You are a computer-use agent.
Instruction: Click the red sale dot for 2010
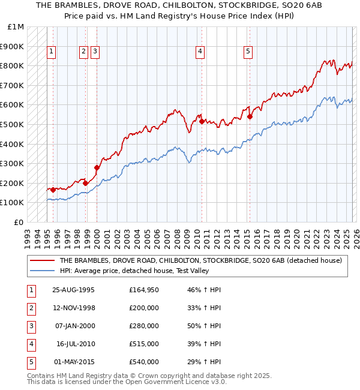click(x=202, y=121)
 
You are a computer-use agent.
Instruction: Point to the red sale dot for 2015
click(x=250, y=116)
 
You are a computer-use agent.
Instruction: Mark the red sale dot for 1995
click(x=53, y=190)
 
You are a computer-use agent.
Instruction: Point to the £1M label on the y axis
click(x=16, y=27)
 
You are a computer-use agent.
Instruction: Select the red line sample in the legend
click(x=41, y=260)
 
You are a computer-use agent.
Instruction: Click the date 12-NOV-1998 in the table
click(x=74, y=308)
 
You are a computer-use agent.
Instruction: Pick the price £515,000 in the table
click(x=144, y=344)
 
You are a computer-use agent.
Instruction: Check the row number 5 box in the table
click(x=30, y=362)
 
